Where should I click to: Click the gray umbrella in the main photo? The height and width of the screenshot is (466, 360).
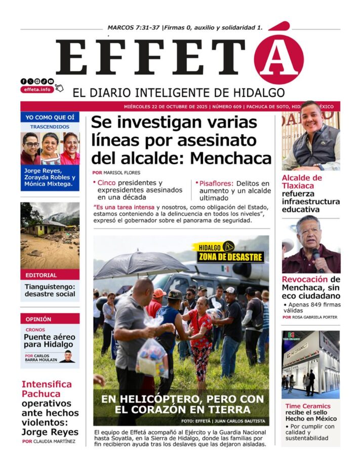tap(141, 265)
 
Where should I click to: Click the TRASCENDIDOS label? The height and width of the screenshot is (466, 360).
tap(50, 127)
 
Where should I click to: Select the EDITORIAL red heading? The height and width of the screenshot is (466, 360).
tap(42, 276)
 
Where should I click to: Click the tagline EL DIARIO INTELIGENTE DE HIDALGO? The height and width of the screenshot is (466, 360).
tap(172, 93)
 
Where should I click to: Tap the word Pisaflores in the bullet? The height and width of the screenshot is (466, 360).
tap(216, 183)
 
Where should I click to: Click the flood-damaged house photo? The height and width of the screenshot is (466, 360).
tap(50, 236)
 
